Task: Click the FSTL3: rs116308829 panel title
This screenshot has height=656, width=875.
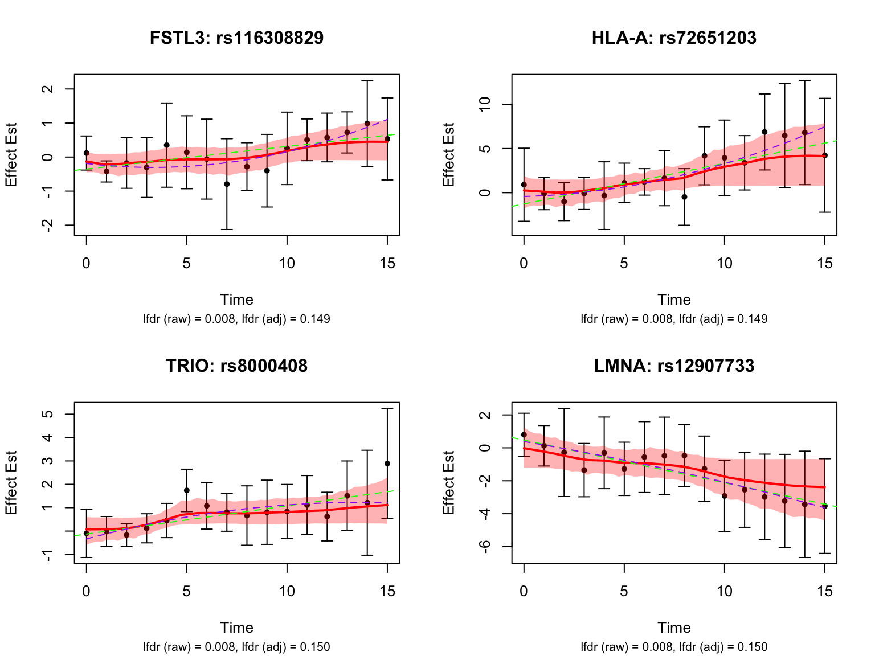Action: coord(236,38)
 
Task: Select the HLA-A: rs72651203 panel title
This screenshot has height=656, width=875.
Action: coord(674,38)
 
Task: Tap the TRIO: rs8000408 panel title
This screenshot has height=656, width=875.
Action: coord(236,366)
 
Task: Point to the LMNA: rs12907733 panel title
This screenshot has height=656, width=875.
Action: coord(674,366)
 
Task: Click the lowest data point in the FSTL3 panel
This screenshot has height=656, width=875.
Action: coord(227,184)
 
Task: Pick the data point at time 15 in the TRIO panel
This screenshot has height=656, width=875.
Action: coord(387,464)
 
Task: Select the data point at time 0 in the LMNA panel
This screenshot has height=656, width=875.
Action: coord(524,434)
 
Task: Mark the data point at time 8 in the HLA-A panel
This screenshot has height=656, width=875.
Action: coord(684,197)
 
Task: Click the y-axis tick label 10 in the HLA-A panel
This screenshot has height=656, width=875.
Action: coord(485,105)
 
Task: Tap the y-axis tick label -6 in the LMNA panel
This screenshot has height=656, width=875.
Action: coord(485,547)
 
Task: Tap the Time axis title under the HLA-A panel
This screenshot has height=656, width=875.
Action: coord(674,300)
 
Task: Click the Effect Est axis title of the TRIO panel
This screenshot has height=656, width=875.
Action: coord(11,483)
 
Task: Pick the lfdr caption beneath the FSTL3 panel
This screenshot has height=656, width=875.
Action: coord(236,319)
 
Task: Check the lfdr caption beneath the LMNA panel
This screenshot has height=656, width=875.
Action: coord(674,647)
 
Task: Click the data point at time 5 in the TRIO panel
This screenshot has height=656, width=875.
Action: coord(187,490)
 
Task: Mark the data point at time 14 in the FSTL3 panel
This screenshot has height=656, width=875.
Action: coord(367,124)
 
